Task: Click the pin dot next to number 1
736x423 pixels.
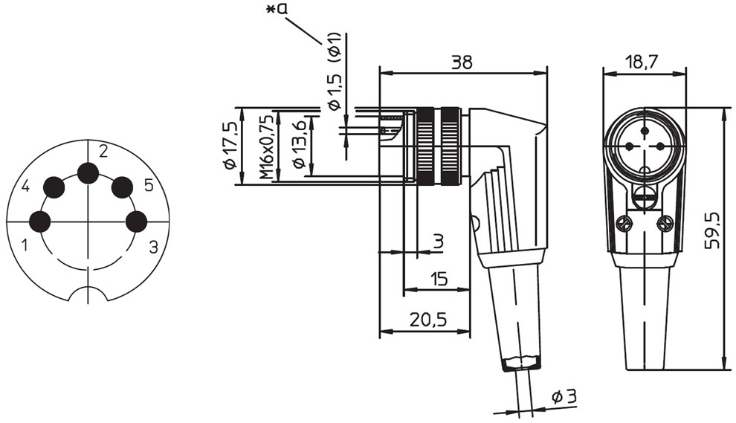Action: click(40, 221)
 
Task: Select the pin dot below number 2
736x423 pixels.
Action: click(88, 173)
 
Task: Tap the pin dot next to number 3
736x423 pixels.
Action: click(137, 222)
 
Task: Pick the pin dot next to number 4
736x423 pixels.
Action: click(54, 187)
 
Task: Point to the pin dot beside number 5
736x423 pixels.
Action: click(122, 187)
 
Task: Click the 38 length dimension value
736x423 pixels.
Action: click(462, 62)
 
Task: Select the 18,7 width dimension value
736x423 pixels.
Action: click(642, 62)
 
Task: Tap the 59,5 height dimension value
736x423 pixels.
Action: click(712, 230)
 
